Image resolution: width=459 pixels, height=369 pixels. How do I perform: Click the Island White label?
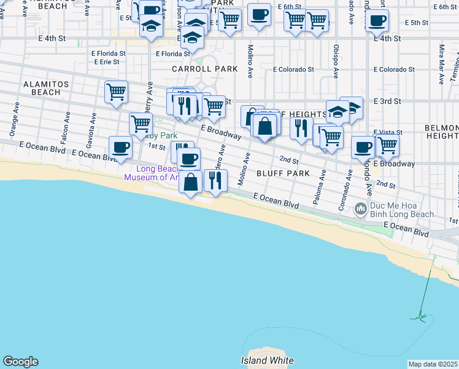tap(267, 360)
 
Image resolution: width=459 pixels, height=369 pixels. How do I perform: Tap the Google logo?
tap(20, 362)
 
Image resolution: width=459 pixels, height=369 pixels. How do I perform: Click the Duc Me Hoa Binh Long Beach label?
tap(401, 210)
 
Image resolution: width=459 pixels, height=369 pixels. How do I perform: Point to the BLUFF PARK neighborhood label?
tap(283, 173)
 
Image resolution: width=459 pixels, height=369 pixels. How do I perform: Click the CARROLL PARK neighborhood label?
tap(204, 69)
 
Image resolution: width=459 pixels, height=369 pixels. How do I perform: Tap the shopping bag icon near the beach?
tap(191, 182)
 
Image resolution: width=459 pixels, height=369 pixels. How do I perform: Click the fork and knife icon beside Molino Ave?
tap(215, 180)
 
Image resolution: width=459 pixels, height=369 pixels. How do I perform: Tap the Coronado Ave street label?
tap(345, 194)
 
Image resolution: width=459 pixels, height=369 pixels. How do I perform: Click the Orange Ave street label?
tap(13, 124)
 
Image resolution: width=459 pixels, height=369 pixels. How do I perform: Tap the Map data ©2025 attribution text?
tap(433, 364)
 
